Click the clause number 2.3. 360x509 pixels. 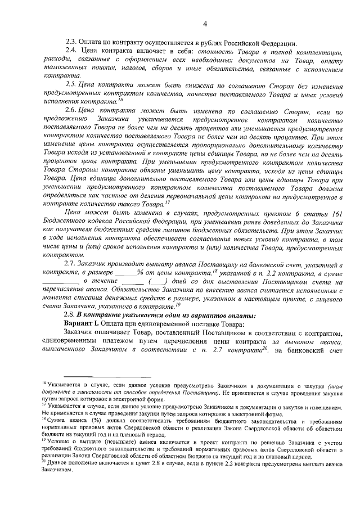pos(71,43)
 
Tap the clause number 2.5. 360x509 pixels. pos(72,84)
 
